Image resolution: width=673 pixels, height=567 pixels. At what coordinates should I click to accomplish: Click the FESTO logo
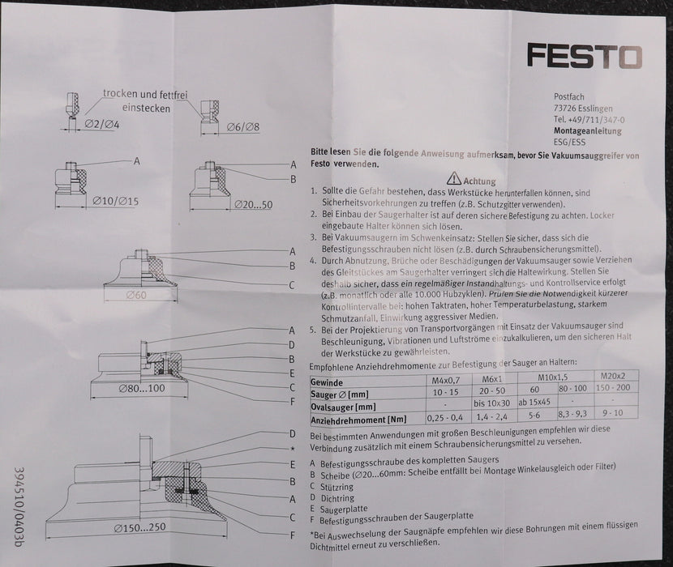[x=585, y=56]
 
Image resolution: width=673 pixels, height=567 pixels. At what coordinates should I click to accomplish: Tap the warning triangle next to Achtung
[x=452, y=179]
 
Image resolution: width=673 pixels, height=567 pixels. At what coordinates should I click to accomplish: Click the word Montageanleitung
[x=588, y=130]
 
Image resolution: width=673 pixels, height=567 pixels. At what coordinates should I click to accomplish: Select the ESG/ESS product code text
[x=570, y=141]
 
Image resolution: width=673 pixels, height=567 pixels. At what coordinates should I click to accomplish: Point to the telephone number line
[x=589, y=119]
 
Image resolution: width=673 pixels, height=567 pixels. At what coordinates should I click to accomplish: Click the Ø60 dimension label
[x=135, y=295]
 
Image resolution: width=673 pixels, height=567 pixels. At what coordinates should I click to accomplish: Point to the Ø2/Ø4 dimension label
[x=101, y=126]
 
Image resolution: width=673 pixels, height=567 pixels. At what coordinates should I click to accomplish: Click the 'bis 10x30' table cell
[x=497, y=403]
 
